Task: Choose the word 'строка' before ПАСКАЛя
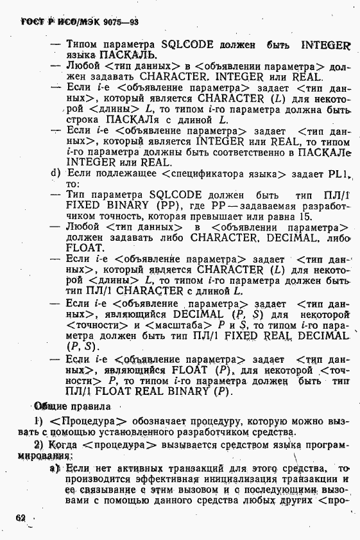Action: click(82, 119)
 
